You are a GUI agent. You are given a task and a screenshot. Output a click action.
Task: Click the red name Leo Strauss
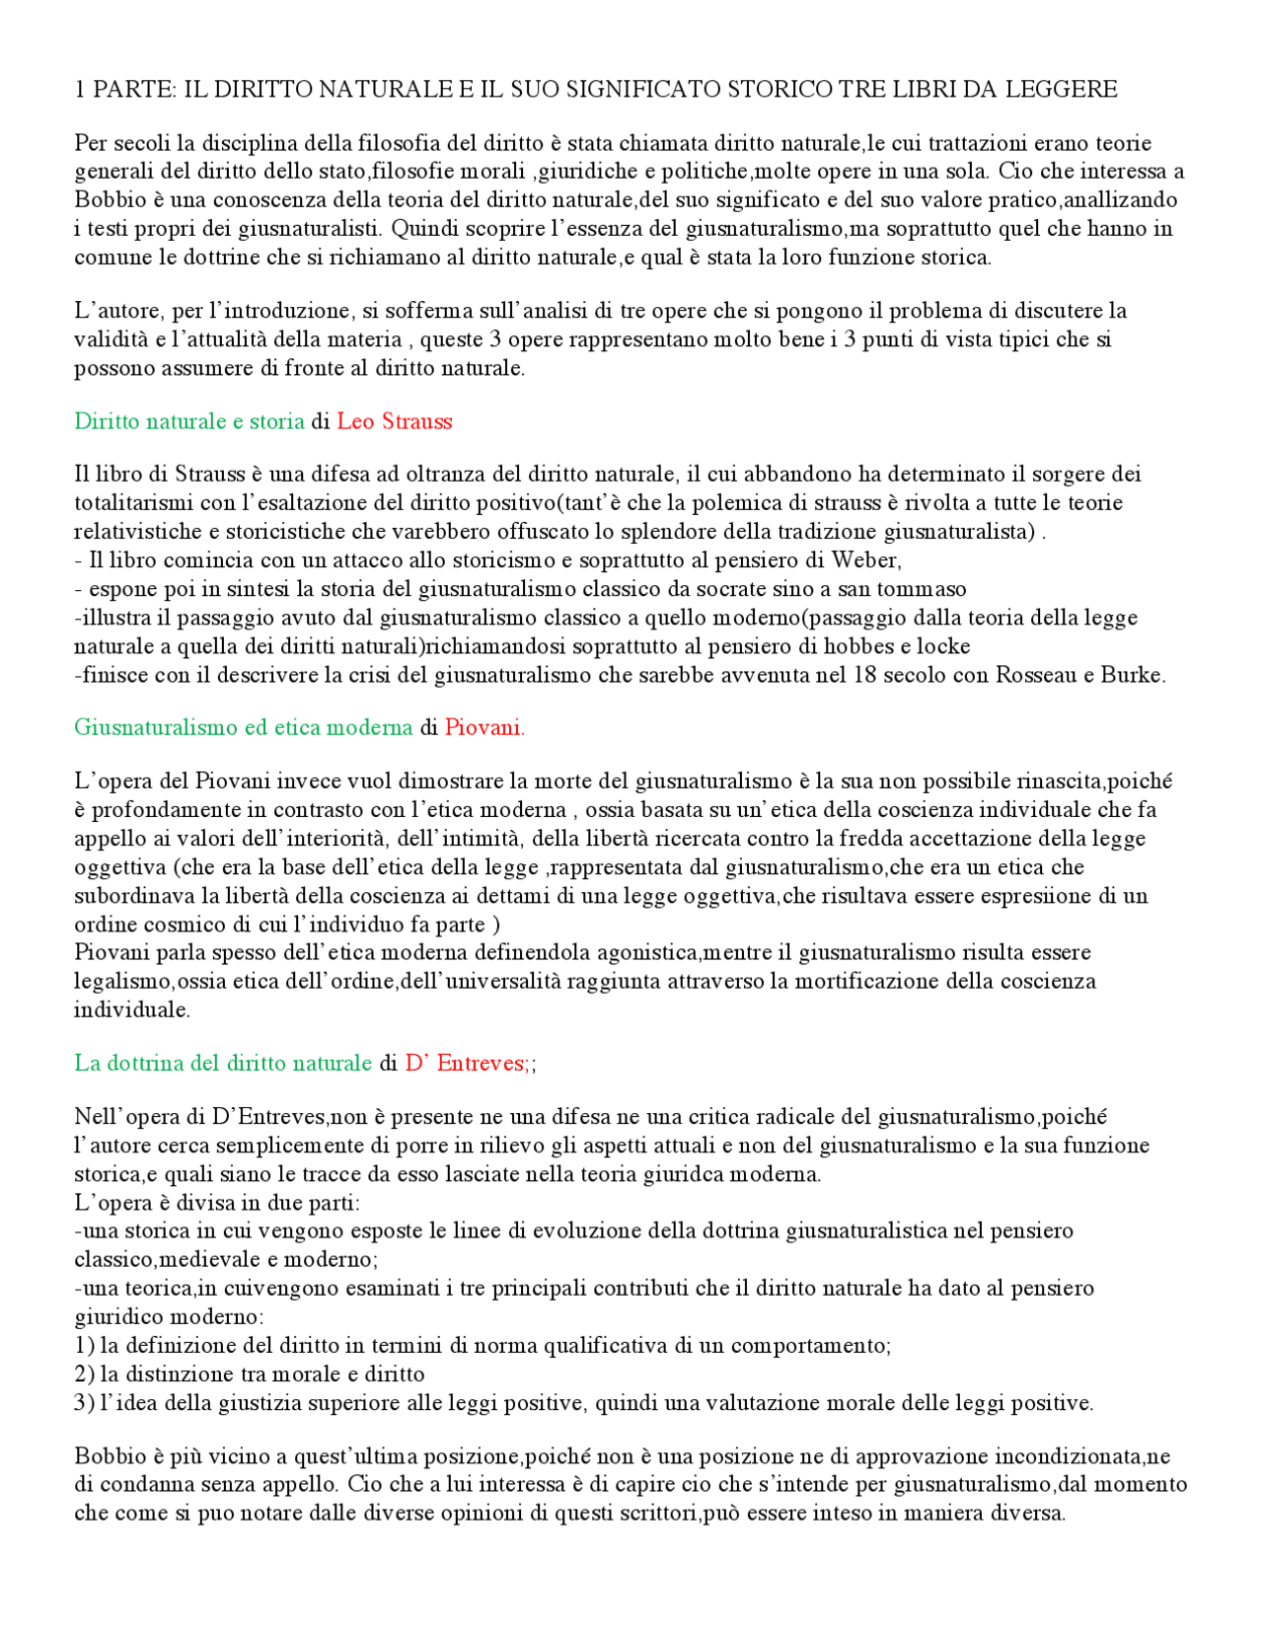coord(394,421)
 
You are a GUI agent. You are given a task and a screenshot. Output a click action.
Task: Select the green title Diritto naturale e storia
coord(189,421)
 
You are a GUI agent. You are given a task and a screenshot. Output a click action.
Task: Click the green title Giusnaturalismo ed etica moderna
coord(243,727)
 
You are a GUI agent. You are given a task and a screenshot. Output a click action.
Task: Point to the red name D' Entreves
coord(466,1063)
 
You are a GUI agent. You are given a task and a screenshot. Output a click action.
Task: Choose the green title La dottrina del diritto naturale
coord(223,1063)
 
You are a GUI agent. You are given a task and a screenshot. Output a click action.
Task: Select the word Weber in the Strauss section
coord(864,560)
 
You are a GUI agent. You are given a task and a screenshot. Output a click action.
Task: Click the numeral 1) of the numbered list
coord(84,1345)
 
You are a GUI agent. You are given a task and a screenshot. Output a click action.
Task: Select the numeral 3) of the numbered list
coord(84,1402)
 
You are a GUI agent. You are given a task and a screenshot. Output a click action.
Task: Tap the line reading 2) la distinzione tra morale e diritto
coord(250,1374)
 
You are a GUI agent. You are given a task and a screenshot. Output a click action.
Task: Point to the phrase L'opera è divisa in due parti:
coord(217,1203)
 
